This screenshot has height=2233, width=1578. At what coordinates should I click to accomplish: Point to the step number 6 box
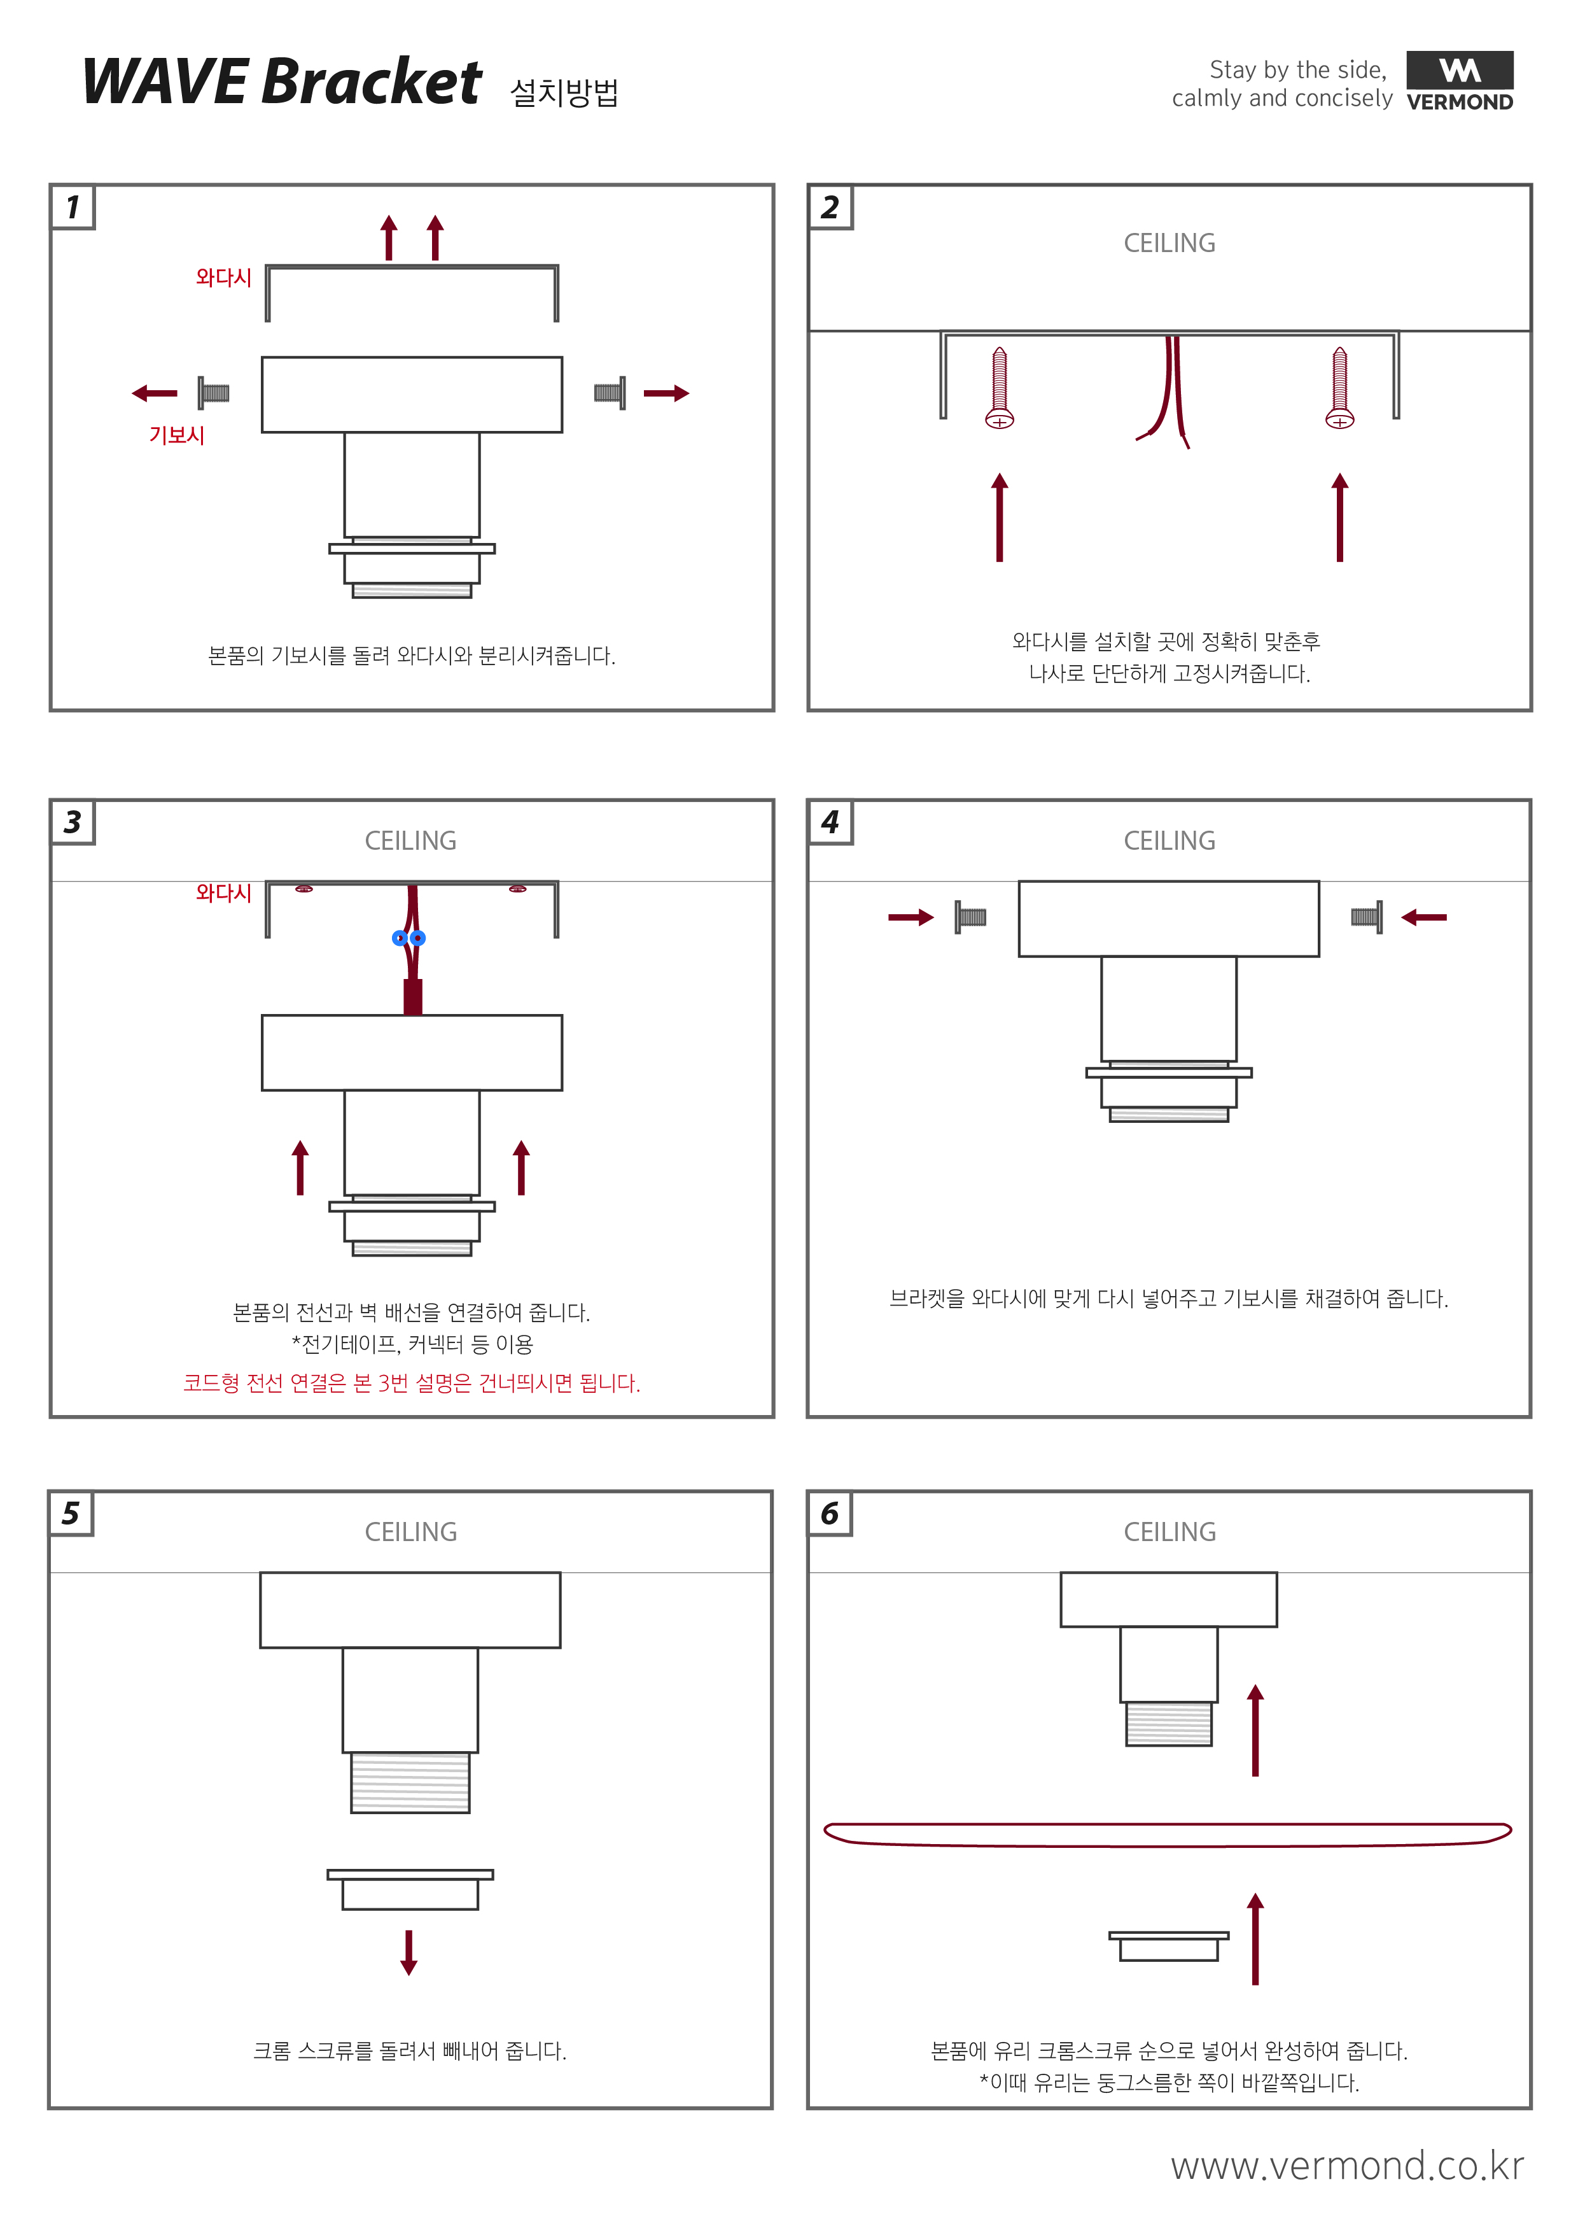(829, 1513)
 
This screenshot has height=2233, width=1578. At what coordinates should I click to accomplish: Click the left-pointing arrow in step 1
(155, 393)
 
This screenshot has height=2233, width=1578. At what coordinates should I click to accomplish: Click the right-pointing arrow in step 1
(666, 393)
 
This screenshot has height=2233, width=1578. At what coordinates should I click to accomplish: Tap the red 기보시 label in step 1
(176, 435)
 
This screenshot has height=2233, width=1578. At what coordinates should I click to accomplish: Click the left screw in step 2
(1000, 388)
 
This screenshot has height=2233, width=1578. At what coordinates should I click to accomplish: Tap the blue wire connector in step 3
(408, 938)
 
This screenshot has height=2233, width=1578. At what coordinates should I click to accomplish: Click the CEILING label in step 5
(410, 1532)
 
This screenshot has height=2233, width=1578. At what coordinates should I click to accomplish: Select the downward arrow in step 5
(408, 1952)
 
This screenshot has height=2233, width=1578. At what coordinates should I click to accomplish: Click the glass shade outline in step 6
(1167, 1835)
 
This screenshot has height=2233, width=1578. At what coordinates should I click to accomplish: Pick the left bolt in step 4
(969, 917)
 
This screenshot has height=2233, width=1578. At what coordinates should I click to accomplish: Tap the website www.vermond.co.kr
(1346, 2166)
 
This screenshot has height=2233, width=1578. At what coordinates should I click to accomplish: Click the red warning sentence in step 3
(411, 1383)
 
